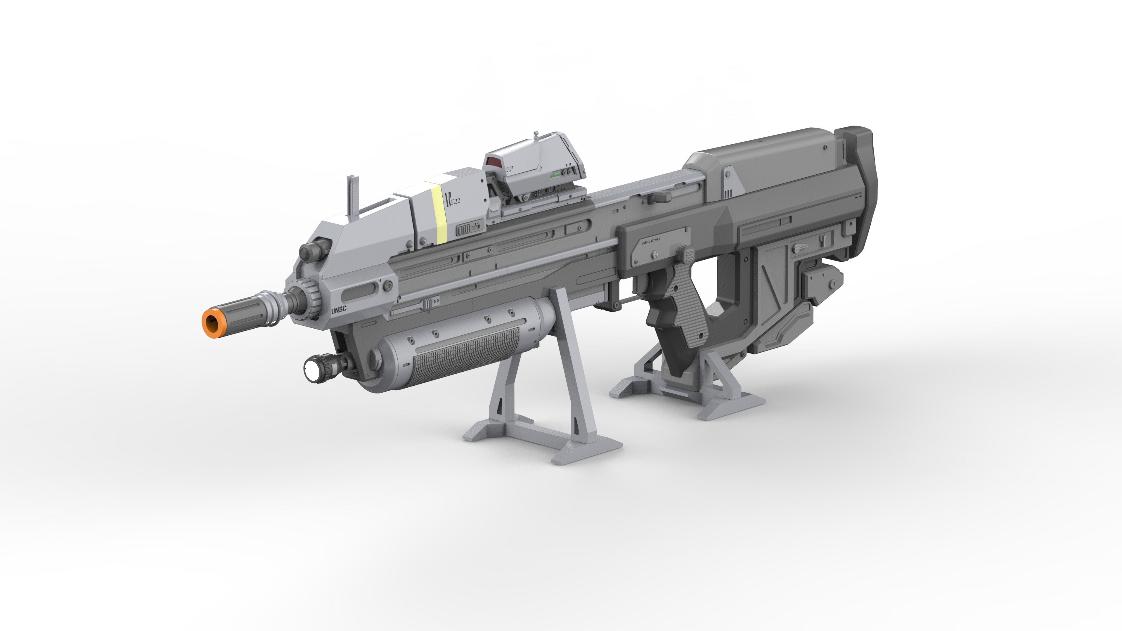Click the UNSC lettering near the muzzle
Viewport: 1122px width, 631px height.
[x=338, y=310]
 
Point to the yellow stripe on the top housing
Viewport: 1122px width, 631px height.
[x=439, y=215]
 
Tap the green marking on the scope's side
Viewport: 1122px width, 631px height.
[x=556, y=176]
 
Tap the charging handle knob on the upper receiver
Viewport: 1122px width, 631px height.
[x=659, y=198]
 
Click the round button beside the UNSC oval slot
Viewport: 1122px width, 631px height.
[x=388, y=286]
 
